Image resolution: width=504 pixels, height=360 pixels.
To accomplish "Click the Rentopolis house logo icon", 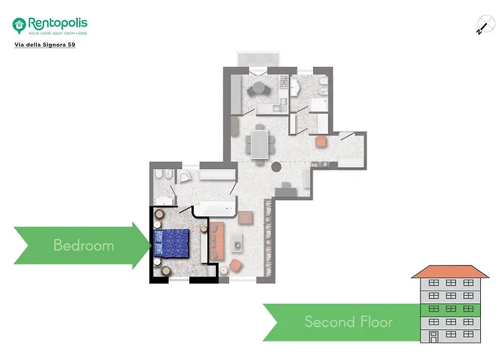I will point(19,26).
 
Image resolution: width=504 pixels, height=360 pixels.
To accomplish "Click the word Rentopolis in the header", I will point(58,22).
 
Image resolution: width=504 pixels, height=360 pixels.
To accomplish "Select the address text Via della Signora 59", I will point(45,45).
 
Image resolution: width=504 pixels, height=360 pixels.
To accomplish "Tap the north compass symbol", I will point(482,25).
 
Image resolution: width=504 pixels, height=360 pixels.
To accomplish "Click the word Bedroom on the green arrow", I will point(84,246).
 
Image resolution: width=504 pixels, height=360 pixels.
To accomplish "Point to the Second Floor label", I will point(348,321).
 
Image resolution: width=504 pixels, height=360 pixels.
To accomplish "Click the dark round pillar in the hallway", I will point(276,168).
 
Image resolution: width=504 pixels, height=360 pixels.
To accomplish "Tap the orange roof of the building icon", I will point(449,271).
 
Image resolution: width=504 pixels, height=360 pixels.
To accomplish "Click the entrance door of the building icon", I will point(433,336).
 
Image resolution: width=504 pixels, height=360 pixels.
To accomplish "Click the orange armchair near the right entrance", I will point(321,141).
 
